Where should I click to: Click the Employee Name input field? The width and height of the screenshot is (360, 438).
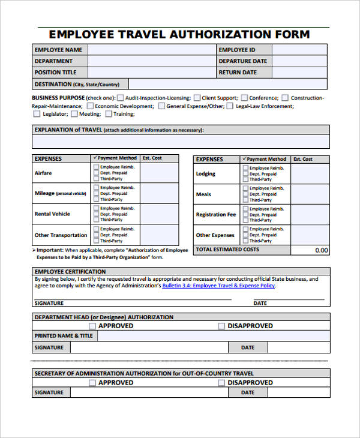pos(151,50)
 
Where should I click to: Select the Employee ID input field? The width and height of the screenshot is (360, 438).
pos(299,50)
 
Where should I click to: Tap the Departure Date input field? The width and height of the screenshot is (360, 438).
pos(299,61)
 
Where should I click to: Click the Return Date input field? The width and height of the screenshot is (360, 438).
pos(299,73)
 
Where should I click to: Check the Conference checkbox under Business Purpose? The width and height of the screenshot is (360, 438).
pos(244,98)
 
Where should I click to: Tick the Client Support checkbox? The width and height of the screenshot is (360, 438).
pos(197,98)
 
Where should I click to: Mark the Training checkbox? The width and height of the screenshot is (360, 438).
pos(109,114)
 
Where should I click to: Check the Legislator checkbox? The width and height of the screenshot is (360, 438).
pos(37,114)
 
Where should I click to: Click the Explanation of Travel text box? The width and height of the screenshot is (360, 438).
pos(180,142)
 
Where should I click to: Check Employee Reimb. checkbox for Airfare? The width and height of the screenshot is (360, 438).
pos(96,167)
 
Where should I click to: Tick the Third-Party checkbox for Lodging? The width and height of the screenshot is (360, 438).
pos(245,179)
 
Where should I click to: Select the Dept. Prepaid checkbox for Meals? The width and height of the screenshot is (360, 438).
pos(245,194)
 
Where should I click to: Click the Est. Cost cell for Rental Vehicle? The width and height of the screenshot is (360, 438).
pos(159,214)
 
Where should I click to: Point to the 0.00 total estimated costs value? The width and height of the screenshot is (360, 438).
pos(322,250)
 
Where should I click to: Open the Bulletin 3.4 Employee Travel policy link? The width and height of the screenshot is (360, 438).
pos(218,286)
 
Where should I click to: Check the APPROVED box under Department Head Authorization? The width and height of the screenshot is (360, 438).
pos(92,326)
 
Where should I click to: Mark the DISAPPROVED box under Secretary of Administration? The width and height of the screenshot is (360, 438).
pos(221,382)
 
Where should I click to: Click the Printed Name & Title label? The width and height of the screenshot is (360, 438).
pos(64,336)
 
